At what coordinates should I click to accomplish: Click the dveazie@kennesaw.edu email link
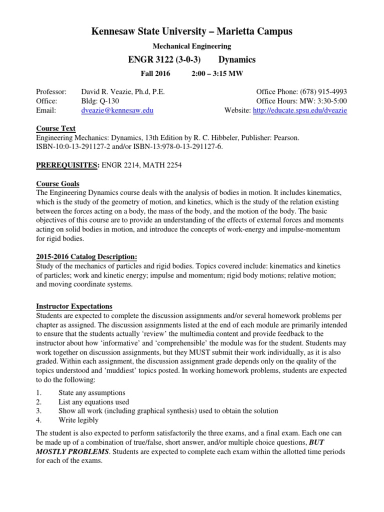117,110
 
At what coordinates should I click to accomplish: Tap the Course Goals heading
57,183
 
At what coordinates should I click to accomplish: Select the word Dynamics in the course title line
237,59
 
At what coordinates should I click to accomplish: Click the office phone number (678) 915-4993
323,92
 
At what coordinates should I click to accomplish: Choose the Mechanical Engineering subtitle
191,46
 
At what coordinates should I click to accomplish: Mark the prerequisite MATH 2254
162,164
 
